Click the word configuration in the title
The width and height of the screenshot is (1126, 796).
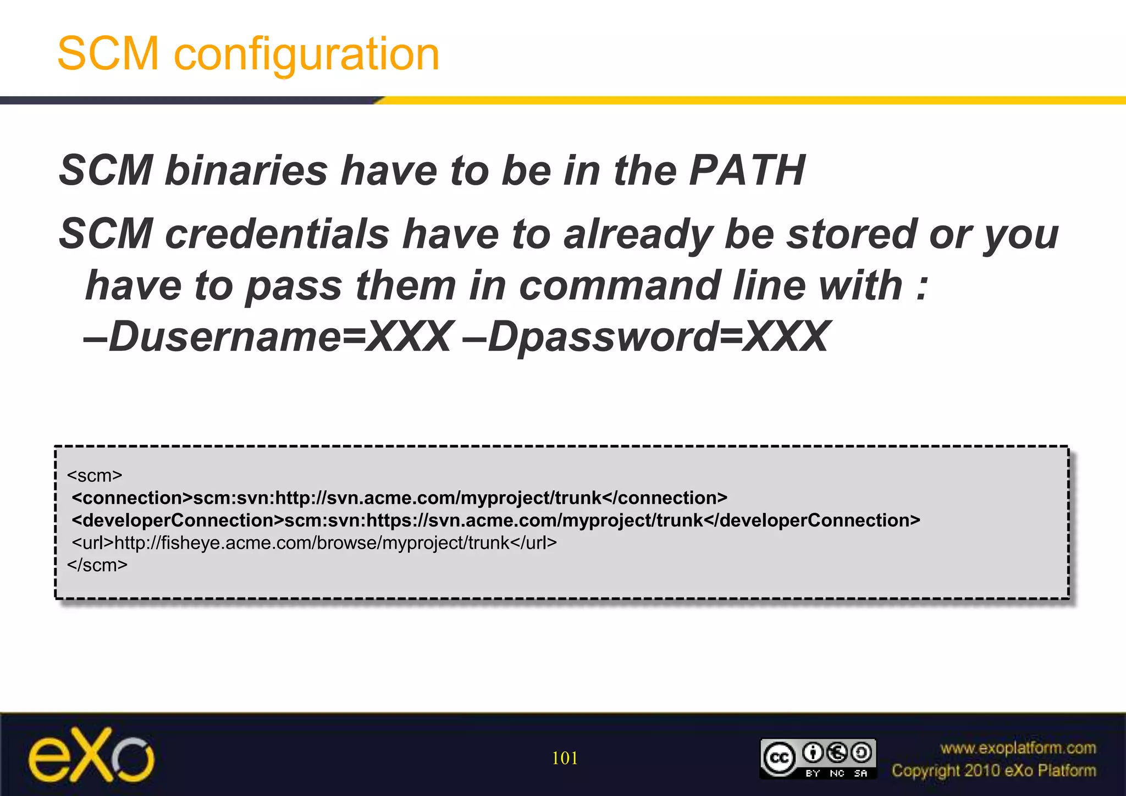[306, 55]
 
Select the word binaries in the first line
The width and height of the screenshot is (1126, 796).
[246, 170]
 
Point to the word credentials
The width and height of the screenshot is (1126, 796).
[277, 234]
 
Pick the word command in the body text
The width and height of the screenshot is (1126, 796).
[620, 286]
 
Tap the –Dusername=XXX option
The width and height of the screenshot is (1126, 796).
[268, 336]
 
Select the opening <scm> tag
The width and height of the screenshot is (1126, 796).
[95, 476]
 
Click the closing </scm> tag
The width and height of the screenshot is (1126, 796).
[97, 565]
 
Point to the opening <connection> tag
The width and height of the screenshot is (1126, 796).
[132, 498]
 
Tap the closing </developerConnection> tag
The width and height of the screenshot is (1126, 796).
[812, 521]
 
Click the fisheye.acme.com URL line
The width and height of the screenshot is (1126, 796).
[314, 543]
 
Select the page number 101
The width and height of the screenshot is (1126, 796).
[565, 758]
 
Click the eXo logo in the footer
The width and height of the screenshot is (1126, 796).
[91, 755]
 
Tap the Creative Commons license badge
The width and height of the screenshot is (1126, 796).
[818, 758]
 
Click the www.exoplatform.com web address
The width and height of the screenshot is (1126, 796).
[1018, 748]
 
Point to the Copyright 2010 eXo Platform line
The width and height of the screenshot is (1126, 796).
[993, 771]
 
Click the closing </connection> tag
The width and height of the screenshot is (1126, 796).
[665, 498]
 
